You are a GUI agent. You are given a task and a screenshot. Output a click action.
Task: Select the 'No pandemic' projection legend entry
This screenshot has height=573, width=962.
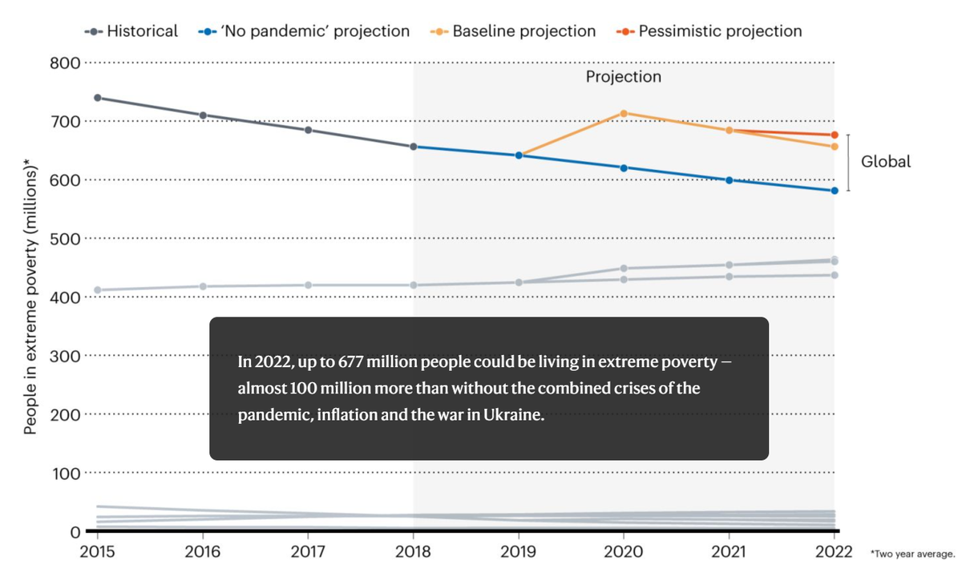point(305,31)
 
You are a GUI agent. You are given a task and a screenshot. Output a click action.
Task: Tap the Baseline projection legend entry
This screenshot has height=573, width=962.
point(513,31)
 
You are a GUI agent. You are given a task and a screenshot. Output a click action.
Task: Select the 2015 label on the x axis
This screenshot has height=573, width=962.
point(98,552)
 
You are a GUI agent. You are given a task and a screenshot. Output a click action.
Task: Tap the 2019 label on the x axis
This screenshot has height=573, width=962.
point(519,552)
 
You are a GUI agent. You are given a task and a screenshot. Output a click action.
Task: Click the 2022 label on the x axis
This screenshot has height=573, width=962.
point(835,552)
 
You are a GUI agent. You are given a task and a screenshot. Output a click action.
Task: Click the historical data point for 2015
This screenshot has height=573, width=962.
point(98,98)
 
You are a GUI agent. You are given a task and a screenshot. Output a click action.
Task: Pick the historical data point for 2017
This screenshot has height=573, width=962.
point(309,130)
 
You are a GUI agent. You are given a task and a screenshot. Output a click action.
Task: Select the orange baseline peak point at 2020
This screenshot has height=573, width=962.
point(624,113)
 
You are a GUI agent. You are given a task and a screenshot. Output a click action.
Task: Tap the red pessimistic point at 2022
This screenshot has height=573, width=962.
point(835,135)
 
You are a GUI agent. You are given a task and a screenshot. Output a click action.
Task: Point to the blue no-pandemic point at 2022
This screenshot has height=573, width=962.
point(835,191)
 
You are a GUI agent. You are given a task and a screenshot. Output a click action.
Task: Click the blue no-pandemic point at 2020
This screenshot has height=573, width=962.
point(624,167)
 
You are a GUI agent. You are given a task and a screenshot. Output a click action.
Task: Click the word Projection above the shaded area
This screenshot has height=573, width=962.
point(624,77)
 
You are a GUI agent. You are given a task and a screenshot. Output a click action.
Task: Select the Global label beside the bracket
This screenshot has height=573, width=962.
point(886,162)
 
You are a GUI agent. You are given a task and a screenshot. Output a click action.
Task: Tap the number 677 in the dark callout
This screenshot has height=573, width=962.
point(351,362)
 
